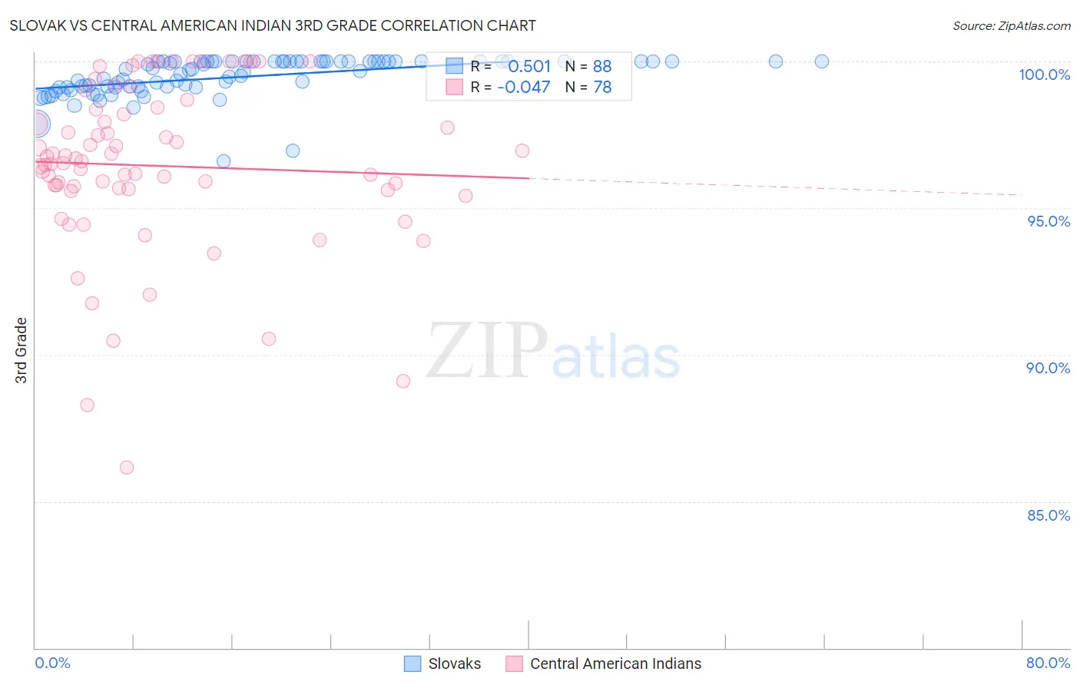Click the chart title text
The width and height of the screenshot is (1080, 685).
(273, 25)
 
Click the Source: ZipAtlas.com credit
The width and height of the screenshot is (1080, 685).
(1011, 25)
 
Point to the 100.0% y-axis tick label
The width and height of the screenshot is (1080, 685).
(1044, 74)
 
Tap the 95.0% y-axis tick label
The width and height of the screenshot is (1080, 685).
(1049, 221)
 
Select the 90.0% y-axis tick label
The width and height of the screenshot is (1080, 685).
(1048, 368)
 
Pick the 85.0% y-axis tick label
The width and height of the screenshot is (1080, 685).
(1048, 515)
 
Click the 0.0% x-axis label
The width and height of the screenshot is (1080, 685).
(52, 663)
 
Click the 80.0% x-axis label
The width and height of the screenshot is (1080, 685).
(1048, 663)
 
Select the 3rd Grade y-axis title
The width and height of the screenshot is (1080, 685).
(22, 350)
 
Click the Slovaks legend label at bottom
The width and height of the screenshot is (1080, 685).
(454, 663)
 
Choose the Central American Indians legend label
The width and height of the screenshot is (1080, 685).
(615, 663)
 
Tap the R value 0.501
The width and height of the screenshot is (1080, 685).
(529, 66)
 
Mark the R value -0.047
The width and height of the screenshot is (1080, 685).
(524, 88)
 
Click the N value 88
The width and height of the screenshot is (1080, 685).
(602, 66)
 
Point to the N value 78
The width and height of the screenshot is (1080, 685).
(602, 88)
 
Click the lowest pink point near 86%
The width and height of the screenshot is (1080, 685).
(127, 468)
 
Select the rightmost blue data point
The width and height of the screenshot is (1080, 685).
(822, 61)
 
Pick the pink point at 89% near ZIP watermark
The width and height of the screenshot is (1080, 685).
(403, 381)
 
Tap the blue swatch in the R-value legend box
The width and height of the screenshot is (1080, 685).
(455, 66)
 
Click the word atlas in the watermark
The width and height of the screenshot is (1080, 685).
(616, 359)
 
